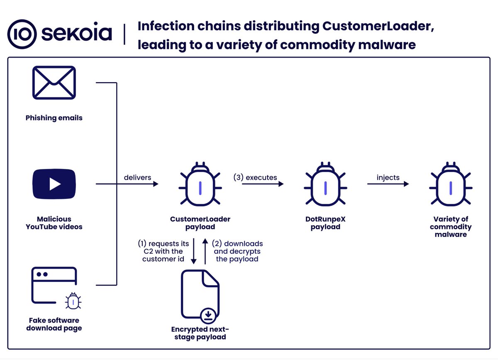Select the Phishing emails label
click(54, 118)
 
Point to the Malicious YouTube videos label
click(54, 223)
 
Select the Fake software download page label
click(54, 324)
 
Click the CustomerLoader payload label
click(200, 223)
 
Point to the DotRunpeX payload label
click(325, 223)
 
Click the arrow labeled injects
click(388, 184)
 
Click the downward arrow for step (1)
click(193, 251)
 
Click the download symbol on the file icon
click(208, 317)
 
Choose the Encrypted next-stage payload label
click(200, 333)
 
